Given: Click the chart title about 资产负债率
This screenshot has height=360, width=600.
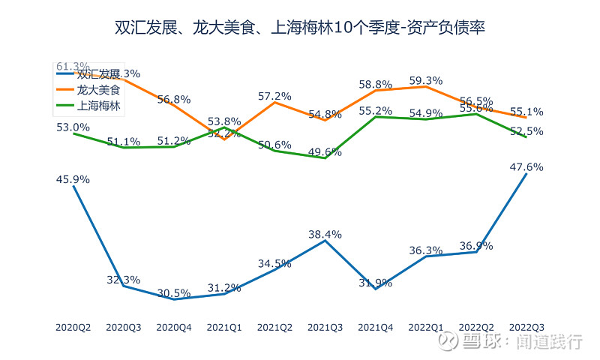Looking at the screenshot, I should (300, 28).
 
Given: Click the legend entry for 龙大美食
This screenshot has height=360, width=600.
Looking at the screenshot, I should (98, 90).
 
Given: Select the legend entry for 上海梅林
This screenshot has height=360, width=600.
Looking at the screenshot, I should (98, 106).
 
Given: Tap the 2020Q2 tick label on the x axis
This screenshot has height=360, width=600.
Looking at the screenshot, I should (73, 327).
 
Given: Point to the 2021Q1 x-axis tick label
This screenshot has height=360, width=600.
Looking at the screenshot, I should (224, 327).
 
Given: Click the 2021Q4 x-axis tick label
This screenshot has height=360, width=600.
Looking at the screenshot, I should (376, 327).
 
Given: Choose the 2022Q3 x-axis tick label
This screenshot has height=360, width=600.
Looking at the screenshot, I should (526, 327).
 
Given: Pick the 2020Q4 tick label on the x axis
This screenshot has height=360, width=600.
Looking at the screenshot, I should (174, 327).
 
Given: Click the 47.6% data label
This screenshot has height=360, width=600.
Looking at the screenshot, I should (526, 167).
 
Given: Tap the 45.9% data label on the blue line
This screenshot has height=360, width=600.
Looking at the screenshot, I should (73, 179).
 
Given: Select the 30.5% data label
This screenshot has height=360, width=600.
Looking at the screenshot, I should (174, 293).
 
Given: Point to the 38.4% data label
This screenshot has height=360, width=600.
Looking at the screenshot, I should (325, 234).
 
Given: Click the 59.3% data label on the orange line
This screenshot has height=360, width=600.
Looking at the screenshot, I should (426, 80).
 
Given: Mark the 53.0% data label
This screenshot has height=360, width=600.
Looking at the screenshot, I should (73, 127).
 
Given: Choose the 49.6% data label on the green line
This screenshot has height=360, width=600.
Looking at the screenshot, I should (325, 152).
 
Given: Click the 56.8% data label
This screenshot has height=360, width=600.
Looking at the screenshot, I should (174, 99).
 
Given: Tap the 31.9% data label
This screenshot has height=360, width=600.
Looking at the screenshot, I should (376, 283).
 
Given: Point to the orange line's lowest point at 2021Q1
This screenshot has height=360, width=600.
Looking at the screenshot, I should (224, 139).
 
